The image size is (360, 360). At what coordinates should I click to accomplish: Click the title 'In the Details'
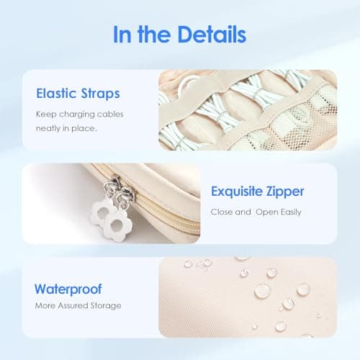click(179, 35)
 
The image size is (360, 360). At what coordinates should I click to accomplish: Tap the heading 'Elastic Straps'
click(77, 93)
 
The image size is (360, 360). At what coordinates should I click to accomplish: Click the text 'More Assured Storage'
click(78, 306)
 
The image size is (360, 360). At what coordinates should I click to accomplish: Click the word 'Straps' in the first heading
click(99, 93)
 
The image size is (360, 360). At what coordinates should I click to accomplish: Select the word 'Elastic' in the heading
click(56, 93)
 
